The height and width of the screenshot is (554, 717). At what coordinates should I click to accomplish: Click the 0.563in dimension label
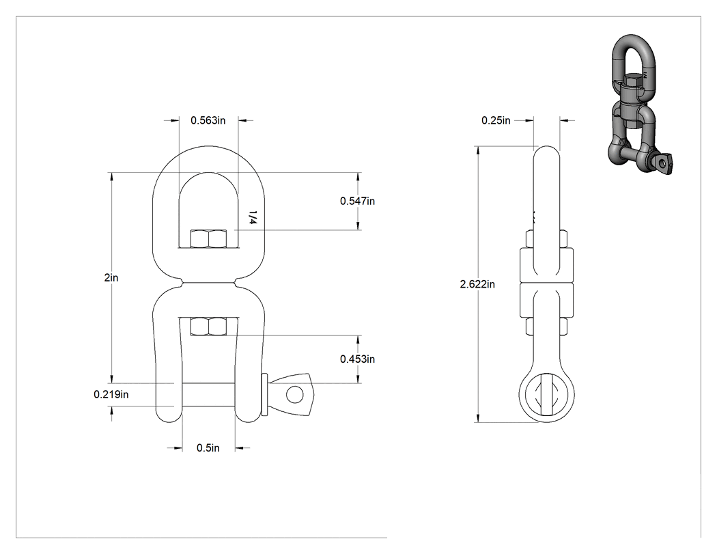pos(208,120)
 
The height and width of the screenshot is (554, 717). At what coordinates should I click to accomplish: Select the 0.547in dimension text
pos(357,201)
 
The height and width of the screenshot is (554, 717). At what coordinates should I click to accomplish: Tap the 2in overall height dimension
pos(111,278)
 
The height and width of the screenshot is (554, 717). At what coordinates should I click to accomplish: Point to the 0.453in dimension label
pos(357,359)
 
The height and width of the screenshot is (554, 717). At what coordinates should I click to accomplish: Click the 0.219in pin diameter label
pos(111,394)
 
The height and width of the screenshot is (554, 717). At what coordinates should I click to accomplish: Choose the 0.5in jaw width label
pos(208,448)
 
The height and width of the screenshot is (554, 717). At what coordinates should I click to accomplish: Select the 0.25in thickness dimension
pos(496,120)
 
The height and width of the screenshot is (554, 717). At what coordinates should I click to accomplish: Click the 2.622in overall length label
pos(477,284)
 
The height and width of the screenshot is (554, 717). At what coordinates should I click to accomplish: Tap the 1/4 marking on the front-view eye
pos(253,217)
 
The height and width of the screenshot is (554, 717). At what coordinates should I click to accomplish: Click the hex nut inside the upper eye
pos(208,239)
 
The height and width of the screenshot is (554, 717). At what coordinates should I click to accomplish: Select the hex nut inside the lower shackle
pos(208,326)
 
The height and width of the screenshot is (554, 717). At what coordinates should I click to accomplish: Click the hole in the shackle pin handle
pos(295,394)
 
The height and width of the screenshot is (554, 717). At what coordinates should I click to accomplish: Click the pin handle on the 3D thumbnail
pos(662,163)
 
